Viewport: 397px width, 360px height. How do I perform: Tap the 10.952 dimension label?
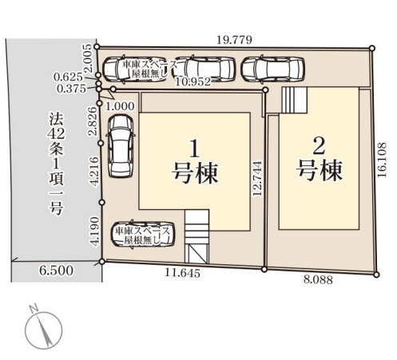pos(193,80)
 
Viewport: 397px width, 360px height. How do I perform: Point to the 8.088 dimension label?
pos(319,280)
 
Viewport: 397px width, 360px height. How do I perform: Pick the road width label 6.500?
pos(57,271)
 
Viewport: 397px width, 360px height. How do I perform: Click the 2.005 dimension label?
pos(89,58)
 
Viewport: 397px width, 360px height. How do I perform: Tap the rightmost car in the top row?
pos(270,69)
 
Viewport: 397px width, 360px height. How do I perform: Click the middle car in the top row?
pos(205,69)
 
